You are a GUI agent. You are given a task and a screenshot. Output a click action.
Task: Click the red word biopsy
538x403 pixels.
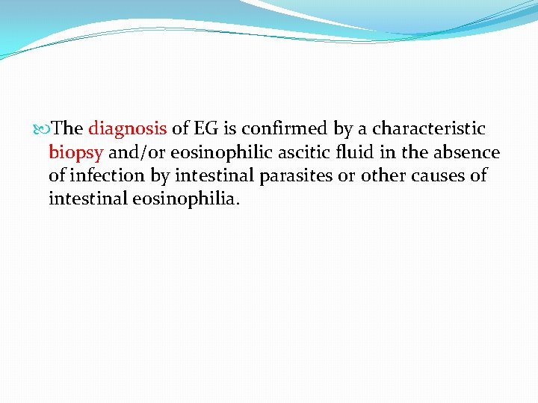pyautogui.click(x=75, y=153)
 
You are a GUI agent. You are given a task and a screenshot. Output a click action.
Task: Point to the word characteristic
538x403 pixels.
pyautogui.click(x=429, y=129)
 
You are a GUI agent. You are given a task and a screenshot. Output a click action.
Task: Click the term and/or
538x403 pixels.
pyautogui.click(x=137, y=153)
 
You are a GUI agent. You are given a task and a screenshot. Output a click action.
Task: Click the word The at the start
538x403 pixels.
pyautogui.click(x=69, y=129)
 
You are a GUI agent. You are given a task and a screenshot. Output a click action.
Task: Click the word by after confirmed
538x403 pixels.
pyautogui.click(x=343, y=129)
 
